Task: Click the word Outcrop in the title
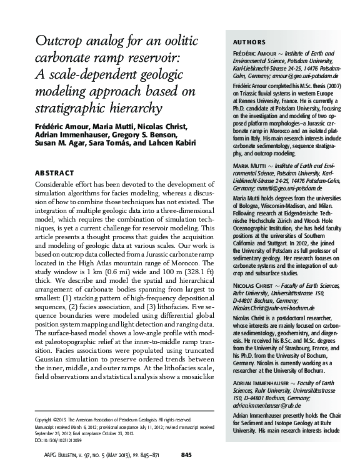(60, 41)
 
